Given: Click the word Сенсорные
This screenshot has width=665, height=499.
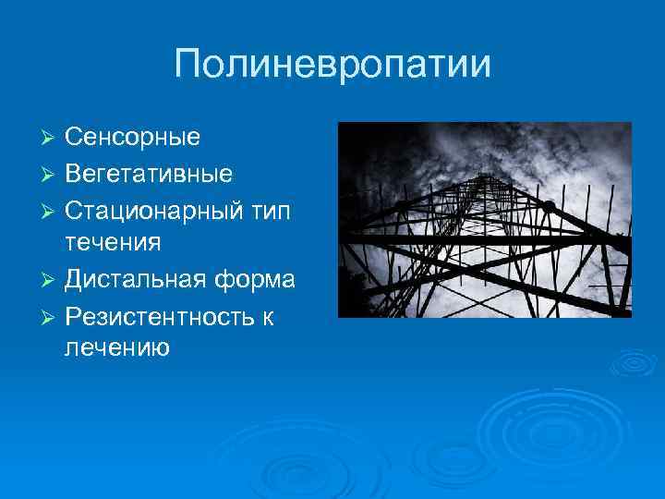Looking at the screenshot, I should tap(132, 138).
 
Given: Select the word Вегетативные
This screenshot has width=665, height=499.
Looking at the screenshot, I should tap(148, 173).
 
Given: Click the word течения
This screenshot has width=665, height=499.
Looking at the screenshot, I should tap(113, 243).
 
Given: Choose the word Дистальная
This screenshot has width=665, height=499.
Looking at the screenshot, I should tap(136, 278).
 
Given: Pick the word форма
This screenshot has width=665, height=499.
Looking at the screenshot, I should tap(256, 278).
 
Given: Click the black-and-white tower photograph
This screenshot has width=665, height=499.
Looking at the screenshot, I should tap(485, 220).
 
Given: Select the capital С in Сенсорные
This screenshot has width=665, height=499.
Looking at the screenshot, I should tap(74, 138).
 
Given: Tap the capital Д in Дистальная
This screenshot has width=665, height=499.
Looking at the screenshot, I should tap(75, 279).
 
